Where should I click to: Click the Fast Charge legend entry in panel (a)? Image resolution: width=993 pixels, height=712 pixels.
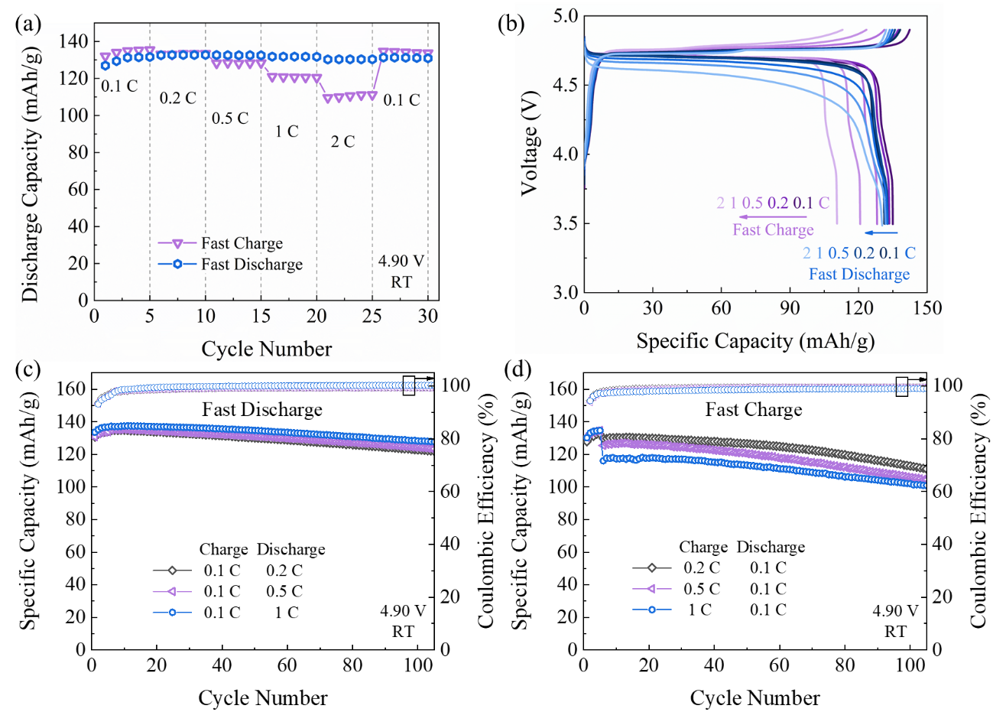(x=242, y=243)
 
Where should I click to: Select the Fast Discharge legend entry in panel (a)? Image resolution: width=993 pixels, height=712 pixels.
(x=251, y=265)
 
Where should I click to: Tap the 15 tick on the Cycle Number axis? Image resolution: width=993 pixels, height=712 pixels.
(x=261, y=315)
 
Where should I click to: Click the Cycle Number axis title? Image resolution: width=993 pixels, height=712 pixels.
(x=266, y=349)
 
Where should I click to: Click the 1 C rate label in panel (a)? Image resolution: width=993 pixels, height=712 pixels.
(x=287, y=132)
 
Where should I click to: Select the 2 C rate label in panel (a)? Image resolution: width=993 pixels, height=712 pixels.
(x=342, y=142)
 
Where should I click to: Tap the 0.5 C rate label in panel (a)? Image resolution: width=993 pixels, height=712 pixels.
(x=230, y=119)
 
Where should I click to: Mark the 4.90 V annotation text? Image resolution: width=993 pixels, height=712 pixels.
(x=401, y=262)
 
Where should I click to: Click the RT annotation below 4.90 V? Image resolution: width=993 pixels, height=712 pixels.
(x=401, y=282)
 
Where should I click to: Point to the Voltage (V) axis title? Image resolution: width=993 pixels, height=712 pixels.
(x=529, y=144)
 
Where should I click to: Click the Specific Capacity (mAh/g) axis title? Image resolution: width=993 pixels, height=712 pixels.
(x=755, y=340)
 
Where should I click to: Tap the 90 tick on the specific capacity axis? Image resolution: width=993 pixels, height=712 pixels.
(x=790, y=308)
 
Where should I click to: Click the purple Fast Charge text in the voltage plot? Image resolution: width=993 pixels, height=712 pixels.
(x=773, y=229)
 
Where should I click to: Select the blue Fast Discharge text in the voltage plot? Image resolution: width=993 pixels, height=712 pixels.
(x=859, y=274)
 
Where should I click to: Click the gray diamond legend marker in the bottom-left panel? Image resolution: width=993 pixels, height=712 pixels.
(x=172, y=571)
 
